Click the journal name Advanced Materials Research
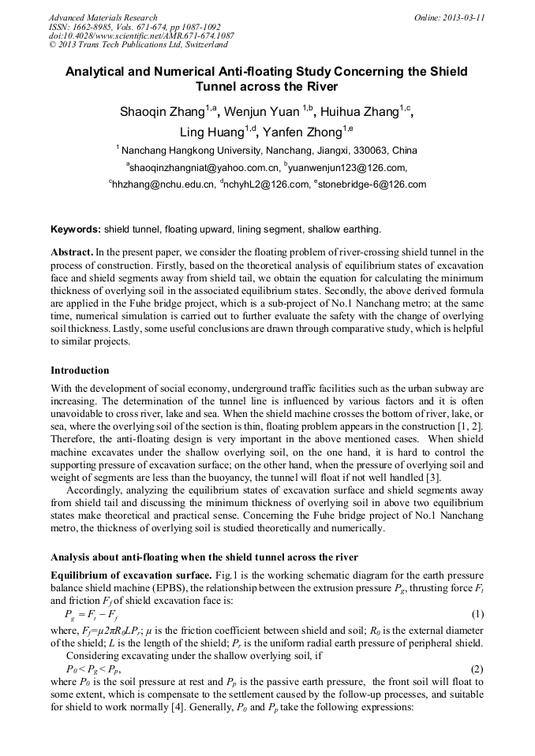click(103, 17)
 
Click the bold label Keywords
click(76, 229)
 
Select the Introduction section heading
click(80, 370)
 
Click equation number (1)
click(477, 613)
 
